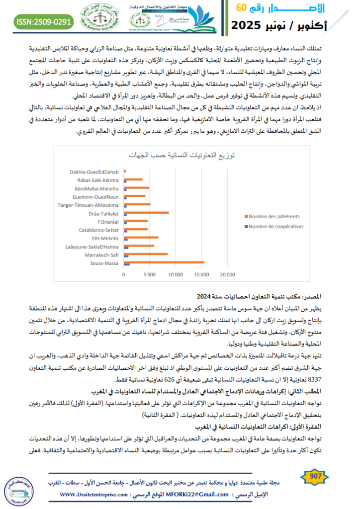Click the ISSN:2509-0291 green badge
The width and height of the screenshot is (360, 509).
pyautogui.click(x=42, y=21)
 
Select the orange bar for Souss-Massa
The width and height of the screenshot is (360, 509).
pyautogui.click(x=164, y=262)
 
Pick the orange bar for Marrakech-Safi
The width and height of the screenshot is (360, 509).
pyautogui.click(x=145, y=254)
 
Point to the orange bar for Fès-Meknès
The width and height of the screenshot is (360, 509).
pyautogui.click(x=141, y=238)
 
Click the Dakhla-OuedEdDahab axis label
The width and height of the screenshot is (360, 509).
pyautogui.click(x=93, y=171)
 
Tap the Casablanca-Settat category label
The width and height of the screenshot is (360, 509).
pyautogui.click(x=98, y=230)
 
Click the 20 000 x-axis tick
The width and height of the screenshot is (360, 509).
pyautogui.click(x=227, y=274)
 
